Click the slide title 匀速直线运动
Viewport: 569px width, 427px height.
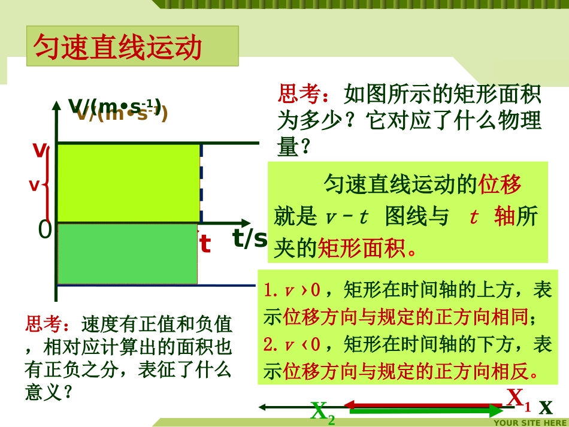[119, 47]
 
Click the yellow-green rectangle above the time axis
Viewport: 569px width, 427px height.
[128, 183]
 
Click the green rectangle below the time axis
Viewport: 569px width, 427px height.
[127, 253]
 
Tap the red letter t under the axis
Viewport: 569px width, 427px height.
[205, 244]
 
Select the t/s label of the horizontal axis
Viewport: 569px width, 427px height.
[249, 238]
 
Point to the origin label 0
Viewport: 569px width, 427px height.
[45, 230]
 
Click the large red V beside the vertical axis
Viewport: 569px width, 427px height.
[40, 150]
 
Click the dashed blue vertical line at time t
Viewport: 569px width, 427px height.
[201, 183]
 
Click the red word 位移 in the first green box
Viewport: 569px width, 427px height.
[500, 184]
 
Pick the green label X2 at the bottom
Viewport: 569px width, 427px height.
[322, 413]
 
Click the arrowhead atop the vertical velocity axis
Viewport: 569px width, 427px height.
[56, 107]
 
